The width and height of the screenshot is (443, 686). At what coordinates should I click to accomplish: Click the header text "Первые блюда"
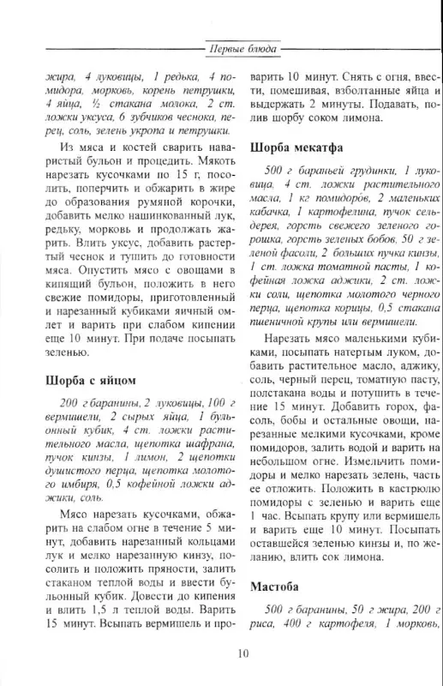[x=243, y=49]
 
